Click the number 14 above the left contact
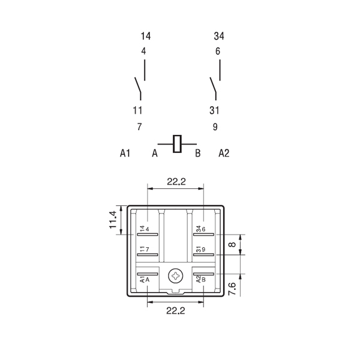[x=146, y=36]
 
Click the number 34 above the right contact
[x=219, y=36]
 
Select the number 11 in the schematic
[x=137, y=110]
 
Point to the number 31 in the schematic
[x=214, y=110]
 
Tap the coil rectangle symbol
[x=177, y=144]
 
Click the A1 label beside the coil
[x=125, y=153]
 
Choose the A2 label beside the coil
[x=224, y=153]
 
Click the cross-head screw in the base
[x=176, y=276]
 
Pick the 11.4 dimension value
[x=113, y=220]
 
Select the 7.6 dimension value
[x=232, y=289]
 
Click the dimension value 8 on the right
[x=233, y=244]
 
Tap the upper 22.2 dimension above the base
[x=176, y=182]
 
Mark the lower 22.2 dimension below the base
[x=176, y=311]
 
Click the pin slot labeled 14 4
[x=148, y=235]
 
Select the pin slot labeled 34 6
[x=203, y=235]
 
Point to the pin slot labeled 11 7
[x=148, y=254]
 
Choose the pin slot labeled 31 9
[x=203, y=254]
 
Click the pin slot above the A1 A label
[x=148, y=274]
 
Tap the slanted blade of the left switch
[x=137, y=85]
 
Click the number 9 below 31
[x=215, y=127]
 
